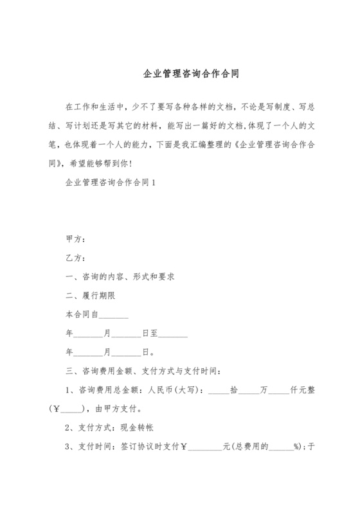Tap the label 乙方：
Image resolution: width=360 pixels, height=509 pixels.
click(75, 259)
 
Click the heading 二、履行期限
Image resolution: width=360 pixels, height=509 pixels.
click(91, 296)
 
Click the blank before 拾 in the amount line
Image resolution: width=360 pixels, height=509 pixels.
click(219, 390)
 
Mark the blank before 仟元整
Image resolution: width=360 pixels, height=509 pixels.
click(279, 390)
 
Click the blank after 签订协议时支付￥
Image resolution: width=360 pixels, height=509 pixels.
click(204, 446)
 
